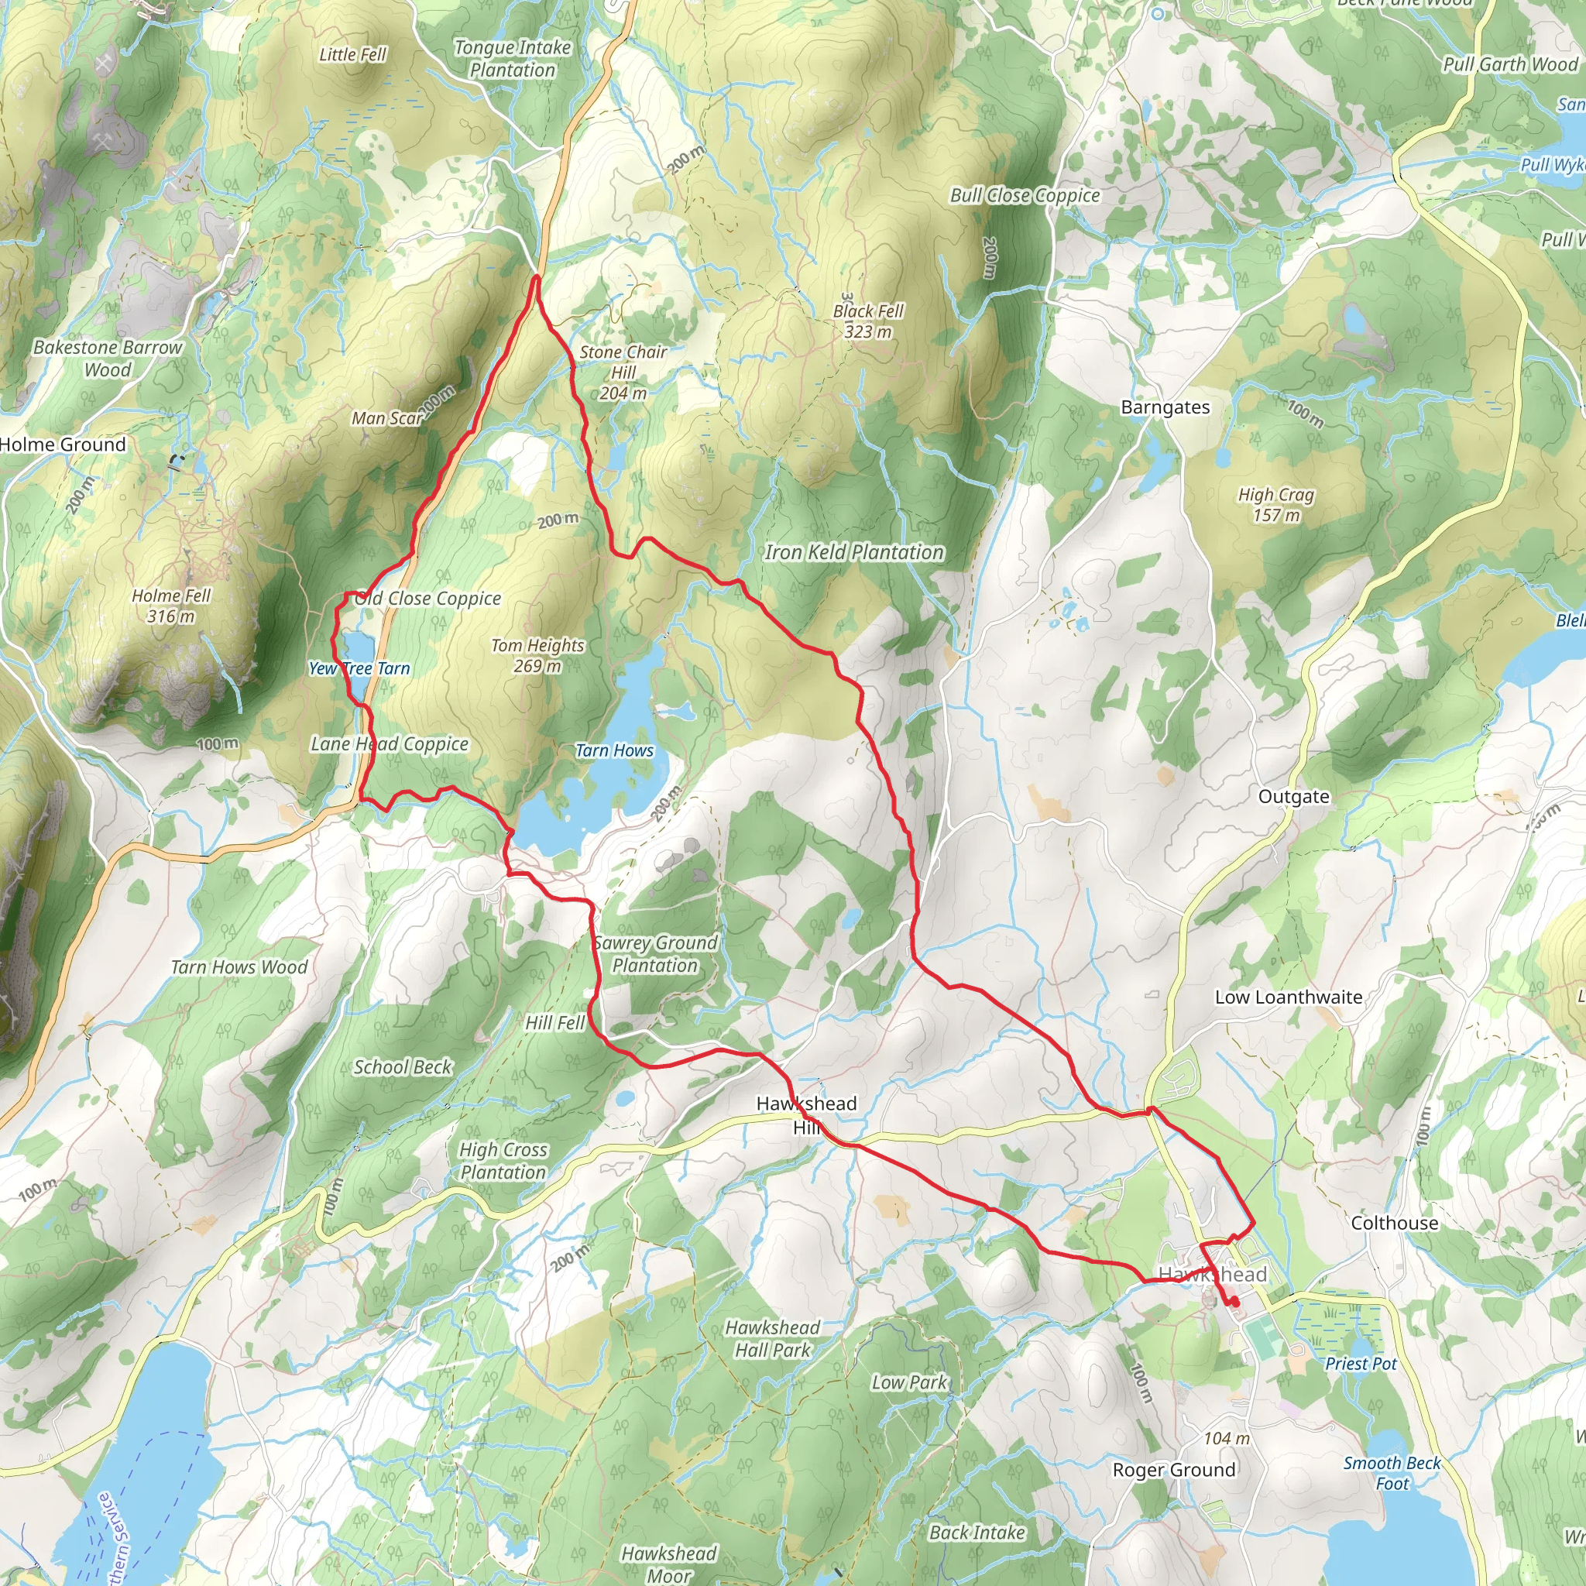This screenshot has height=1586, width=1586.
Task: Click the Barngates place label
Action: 1165,407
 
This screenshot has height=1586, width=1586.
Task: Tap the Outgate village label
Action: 1294,796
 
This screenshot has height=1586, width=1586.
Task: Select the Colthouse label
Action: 1395,1222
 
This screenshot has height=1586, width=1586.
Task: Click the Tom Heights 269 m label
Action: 537,655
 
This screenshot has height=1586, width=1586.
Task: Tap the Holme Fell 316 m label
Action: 172,605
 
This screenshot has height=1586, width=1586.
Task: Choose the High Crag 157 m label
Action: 1276,504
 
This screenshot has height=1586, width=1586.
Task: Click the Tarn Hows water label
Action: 614,750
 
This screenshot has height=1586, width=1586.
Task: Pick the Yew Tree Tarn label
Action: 359,668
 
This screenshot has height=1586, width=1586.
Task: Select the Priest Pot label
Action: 1360,1364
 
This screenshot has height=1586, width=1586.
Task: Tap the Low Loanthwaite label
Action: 1289,997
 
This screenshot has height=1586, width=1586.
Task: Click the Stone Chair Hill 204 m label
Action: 623,372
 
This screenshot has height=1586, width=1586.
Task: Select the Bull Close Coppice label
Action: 1025,195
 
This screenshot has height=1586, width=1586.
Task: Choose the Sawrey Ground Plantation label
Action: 655,954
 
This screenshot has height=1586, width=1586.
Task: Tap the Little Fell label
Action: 352,54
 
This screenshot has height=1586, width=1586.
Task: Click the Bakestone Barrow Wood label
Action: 108,358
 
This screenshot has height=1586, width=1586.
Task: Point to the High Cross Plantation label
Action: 503,1161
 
